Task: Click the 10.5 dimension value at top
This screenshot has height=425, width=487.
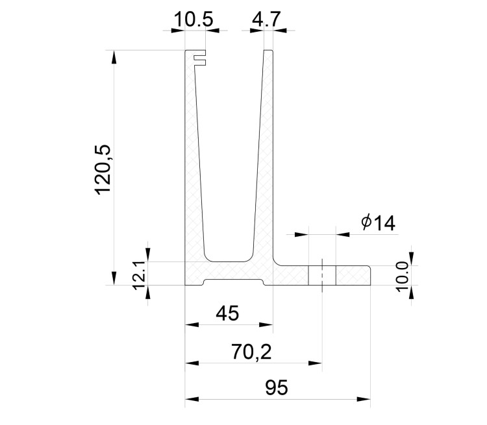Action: (194, 19)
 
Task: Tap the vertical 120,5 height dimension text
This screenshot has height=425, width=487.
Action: (105, 170)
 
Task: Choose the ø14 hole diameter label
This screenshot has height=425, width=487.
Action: (378, 223)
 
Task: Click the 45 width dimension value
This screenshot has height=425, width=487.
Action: (227, 313)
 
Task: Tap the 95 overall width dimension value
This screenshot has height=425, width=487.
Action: (276, 388)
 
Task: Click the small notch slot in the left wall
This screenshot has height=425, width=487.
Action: (201, 62)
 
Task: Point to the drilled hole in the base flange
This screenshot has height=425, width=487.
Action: (321, 275)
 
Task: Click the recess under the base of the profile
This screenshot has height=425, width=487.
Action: (234, 282)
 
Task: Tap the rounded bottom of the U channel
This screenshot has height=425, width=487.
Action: (227, 258)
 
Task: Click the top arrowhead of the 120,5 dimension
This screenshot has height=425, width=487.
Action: (115, 56)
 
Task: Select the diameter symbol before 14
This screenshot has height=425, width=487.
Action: (366, 223)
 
